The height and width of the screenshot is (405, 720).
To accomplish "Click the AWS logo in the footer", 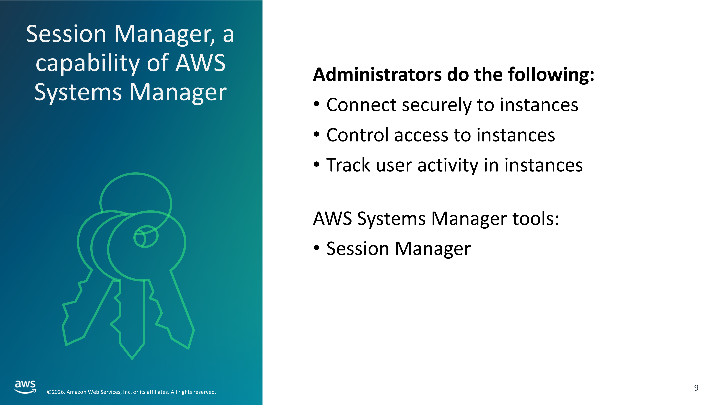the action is [x=25, y=387].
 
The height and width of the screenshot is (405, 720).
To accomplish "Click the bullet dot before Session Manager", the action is [x=316, y=248].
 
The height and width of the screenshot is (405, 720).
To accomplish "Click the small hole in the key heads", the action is [x=146, y=237].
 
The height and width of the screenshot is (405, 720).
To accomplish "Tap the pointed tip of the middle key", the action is [x=132, y=359].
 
